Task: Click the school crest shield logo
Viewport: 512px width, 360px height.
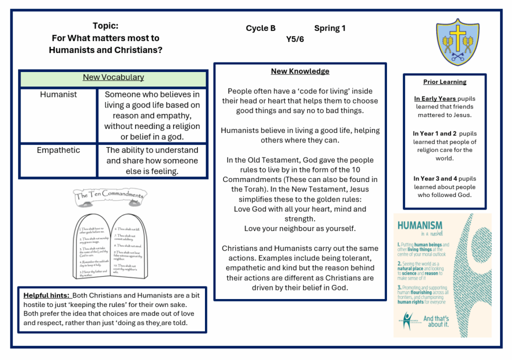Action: [x=457, y=42]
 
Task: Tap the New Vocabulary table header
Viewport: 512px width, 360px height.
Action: [x=113, y=77]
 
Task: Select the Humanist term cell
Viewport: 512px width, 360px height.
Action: [x=58, y=94]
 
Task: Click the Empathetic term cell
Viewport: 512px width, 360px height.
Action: [x=58, y=150]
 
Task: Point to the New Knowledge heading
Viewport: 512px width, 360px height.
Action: [x=300, y=71]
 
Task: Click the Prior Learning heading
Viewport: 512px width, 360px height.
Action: [x=444, y=82]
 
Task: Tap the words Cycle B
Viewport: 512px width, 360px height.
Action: [x=260, y=28]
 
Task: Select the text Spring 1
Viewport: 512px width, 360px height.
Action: [x=329, y=28]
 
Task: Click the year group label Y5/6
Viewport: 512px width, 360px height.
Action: [x=295, y=39]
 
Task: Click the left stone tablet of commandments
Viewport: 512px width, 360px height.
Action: [x=93, y=246]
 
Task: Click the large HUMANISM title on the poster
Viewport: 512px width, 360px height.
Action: [x=419, y=225]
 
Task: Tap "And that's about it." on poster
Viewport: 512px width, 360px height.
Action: [x=436, y=321]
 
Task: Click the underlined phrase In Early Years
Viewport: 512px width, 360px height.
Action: [x=435, y=99]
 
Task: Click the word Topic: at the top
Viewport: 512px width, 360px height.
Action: [x=105, y=26]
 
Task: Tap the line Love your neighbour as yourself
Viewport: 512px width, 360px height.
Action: [x=300, y=228]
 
